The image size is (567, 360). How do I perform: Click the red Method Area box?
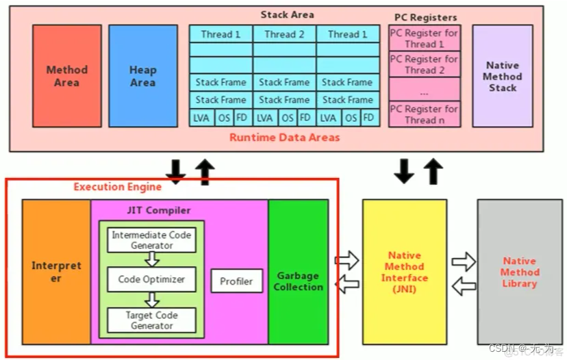(x=66, y=76)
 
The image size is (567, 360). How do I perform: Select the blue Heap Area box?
(x=142, y=76)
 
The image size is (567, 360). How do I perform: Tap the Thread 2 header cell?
(x=284, y=34)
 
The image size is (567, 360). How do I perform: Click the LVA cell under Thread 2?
(x=264, y=118)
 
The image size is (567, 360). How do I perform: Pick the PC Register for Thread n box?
(x=424, y=114)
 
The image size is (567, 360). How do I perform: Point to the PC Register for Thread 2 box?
(x=424, y=64)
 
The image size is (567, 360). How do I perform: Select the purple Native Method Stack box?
(x=502, y=76)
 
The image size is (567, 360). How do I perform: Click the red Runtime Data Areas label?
(x=284, y=137)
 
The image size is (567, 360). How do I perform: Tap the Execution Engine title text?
(x=118, y=187)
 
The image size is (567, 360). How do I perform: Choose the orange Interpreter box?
(x=56, y=271)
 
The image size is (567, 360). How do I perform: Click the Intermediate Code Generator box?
(x=151, y=240)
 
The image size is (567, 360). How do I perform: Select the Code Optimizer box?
(x=151, y=280)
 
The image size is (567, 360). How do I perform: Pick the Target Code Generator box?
(x=151, y=320)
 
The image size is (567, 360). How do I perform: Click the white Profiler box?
(x=236, y=281)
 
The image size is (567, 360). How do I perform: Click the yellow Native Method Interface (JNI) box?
(x=404, y=271)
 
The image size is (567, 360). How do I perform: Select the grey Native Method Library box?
(x=519, y=271)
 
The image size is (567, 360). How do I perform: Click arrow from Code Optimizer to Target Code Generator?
(x=152, y=300)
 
